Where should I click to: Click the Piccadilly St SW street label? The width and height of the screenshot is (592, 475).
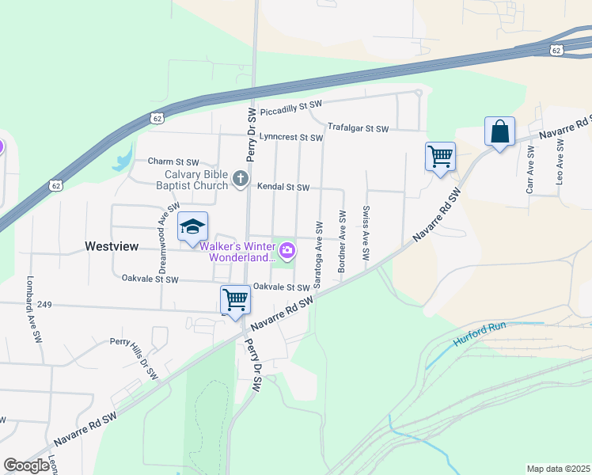[x=293, y=104]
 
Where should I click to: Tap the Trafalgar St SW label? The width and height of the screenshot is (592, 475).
[x=359, y=127]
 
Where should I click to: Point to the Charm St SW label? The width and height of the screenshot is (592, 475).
[x=173, y=161]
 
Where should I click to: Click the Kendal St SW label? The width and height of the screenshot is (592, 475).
[x=283, y=188]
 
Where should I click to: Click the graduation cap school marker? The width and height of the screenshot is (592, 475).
[x=192, y=227]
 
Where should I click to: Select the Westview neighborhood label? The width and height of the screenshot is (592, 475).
[x=112, y=247]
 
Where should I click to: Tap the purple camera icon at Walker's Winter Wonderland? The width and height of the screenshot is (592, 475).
[x=287, y=252]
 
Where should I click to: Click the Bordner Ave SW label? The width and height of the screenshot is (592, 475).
[x=342, y=241]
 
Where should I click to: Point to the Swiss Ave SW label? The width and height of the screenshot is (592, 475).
[x=366, y=234]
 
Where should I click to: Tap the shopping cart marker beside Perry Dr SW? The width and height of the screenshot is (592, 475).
[x=235, y=300]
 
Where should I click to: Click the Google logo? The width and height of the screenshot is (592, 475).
[x=26, y=465]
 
